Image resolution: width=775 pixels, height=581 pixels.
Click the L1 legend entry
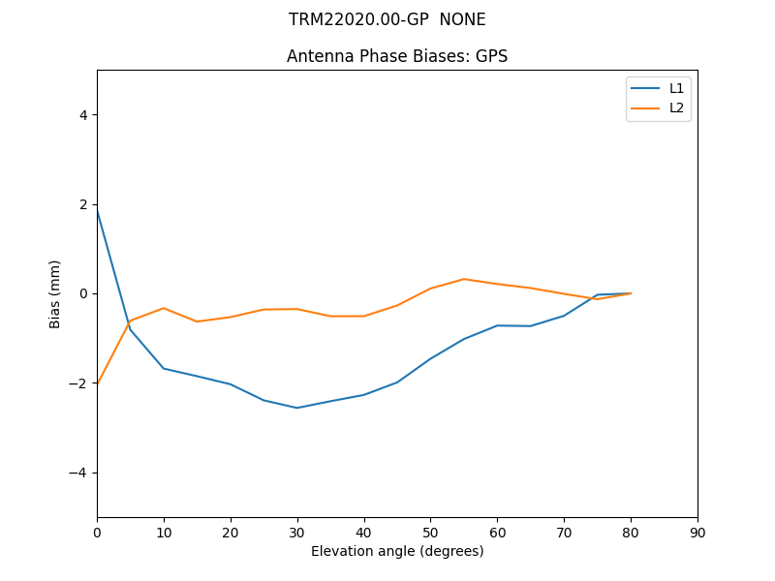pos(676,88)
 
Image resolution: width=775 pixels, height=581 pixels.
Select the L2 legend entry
pos(676,107)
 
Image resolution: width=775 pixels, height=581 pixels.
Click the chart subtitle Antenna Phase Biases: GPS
pos(397,56)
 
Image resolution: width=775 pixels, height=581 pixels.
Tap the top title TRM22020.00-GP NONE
pos(387,19)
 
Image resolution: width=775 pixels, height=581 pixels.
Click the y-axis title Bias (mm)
pos(55,293)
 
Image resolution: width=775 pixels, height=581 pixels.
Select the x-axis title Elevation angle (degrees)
pos(397,551)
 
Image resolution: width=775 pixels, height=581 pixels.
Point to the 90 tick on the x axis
pos(697,532)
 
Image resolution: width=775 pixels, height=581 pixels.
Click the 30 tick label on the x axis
pos(297,532)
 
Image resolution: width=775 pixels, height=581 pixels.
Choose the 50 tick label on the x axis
pos(431,532)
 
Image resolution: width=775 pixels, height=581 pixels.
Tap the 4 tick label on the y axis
pos(82,114)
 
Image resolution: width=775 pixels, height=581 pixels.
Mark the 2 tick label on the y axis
pos(82,204)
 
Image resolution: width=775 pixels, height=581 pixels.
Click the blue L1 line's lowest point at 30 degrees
pos(297,408)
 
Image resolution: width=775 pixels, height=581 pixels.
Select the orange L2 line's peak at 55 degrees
pos(464,279)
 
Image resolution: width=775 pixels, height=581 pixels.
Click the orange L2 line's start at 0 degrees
pos(98,383)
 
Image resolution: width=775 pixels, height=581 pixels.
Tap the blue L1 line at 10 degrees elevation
pos(164,368)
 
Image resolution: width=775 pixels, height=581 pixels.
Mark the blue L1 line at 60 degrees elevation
pos(497,325)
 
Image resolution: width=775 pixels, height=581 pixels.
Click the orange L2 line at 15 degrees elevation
pos(197,321)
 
